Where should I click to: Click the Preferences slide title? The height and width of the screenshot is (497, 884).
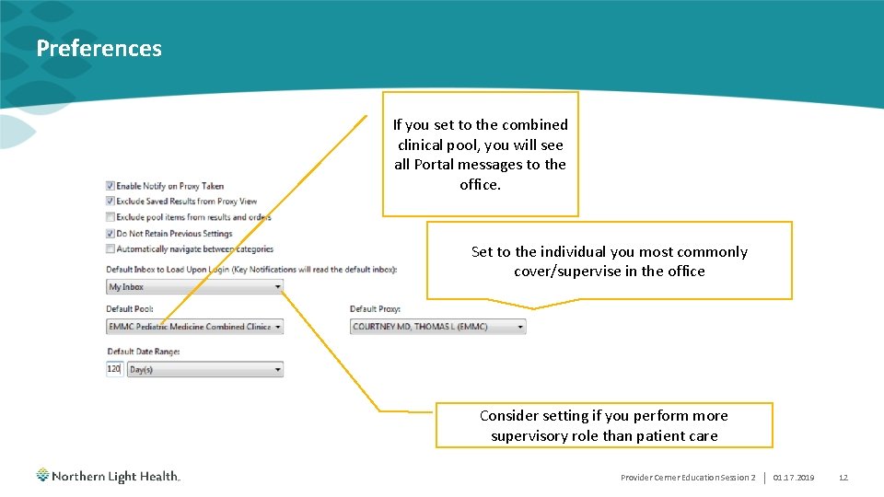(99, 49)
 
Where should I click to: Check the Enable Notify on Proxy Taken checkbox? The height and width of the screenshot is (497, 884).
(110, 186)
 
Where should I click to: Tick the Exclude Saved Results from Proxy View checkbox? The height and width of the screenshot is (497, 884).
(110, 202)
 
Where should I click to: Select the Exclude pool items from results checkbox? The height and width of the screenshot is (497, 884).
(110, 217)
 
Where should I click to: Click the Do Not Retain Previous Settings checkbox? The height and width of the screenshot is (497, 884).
(110, 234)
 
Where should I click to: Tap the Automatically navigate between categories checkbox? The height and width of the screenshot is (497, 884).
(110, 249)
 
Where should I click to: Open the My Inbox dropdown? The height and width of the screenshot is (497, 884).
(194, 287)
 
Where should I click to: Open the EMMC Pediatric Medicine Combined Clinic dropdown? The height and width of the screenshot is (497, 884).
(194, 327)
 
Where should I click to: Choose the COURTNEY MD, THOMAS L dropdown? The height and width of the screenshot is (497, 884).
(437, 327)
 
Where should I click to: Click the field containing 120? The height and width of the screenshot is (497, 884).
(114, 369)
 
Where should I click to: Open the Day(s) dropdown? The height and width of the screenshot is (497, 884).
(204, 369)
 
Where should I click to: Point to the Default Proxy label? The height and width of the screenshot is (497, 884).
(375, 309)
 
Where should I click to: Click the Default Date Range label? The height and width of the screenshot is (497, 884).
(143, 352)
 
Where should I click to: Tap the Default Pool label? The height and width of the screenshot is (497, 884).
(130, 309)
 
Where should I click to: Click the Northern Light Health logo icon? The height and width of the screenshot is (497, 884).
(43, 476)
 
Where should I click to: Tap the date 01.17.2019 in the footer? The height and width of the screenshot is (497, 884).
(794, 478)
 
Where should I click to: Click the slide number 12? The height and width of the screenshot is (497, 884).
(843, 478)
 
